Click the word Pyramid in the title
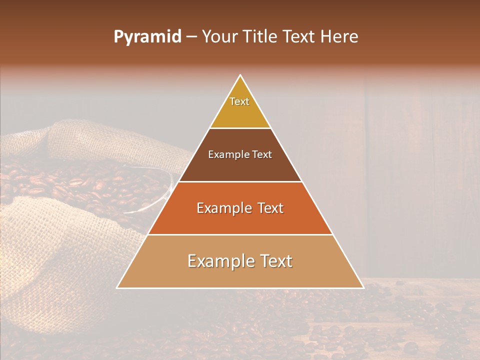(x=147, y=37)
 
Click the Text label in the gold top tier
(x=239, y=101)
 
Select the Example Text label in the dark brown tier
(x=240, y=154)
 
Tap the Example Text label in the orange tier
(x=240, y=208)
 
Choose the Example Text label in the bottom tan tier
(x=240, y=261)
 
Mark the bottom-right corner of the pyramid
(x=363, y=287)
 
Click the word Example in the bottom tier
(x=218, y=261)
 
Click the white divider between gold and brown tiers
(x=240, y=128)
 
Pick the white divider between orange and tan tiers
(x=240, y=234)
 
